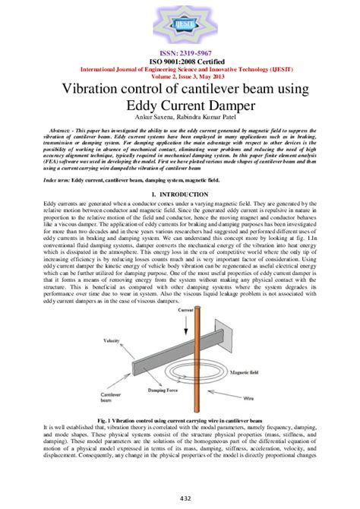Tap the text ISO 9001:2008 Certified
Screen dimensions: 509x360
(x=180, y=62)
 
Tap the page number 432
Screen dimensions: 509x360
(x=180, y=497)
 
